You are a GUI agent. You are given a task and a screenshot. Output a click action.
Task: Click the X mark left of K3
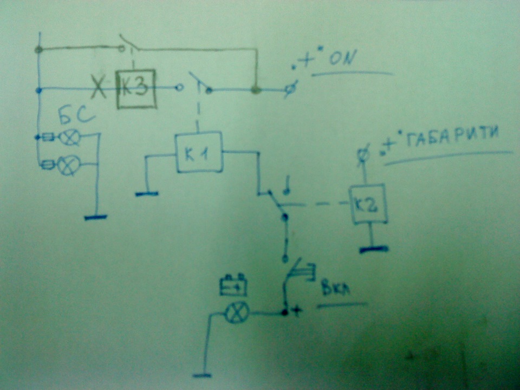coord(99,87)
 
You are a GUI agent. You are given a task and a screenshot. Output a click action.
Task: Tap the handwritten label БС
coord(76,116)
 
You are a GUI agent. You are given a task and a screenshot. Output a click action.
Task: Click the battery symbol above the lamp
coord(233,285)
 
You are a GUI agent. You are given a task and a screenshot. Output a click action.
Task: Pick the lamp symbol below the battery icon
coord(237,313)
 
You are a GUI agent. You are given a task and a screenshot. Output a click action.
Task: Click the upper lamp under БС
coord(69,137)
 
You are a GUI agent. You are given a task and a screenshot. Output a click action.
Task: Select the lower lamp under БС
coord(69,165)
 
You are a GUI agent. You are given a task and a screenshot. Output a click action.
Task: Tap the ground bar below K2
coord(374,249)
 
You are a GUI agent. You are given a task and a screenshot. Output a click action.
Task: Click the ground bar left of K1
coord(147,194)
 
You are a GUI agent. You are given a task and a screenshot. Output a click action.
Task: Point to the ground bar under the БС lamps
coord(96,218)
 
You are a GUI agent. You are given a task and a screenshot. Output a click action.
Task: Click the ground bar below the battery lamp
coord(202,375)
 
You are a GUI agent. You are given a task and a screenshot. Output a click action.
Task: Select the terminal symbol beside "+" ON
coord(291,88)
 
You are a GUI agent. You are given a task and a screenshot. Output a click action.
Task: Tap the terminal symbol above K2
coord(363,154)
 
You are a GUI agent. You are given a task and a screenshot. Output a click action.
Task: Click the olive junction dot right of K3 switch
coord(255,89)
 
